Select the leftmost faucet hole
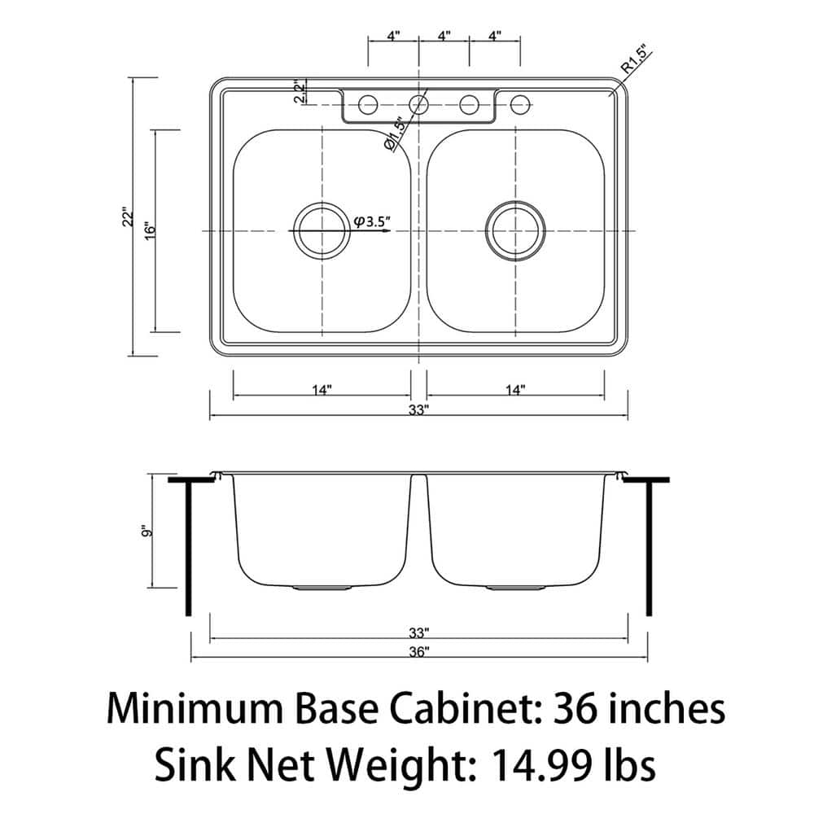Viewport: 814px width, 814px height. tap(368, 104)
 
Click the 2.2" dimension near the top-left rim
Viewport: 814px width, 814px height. tap(300, 91)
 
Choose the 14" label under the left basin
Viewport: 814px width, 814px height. tap(322, 390)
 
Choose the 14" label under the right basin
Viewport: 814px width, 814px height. tap(514, 390)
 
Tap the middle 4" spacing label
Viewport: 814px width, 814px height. tap(444, 36)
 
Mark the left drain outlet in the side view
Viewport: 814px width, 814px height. tap(322, 586)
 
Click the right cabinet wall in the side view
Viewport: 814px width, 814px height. tap(649, 549)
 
